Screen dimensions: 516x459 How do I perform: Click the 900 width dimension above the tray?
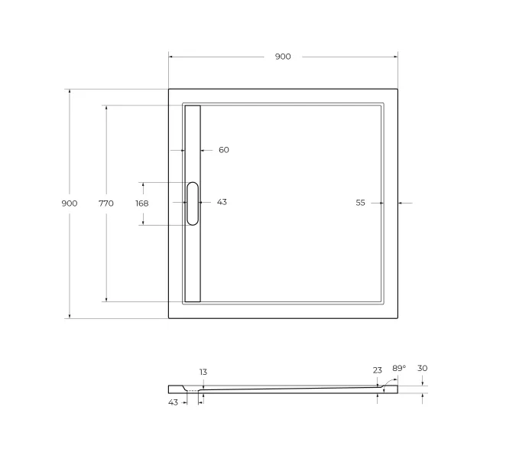[x=283, y=57]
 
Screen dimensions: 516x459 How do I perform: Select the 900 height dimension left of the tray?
[x=70, y=203]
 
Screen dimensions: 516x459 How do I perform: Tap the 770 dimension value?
[x=106, y=203]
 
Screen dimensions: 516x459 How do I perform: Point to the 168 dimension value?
[x=142, y=203]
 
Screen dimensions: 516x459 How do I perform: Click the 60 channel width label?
[x=224, y=150]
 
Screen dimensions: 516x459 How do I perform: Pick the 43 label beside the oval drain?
[x=222, y=202]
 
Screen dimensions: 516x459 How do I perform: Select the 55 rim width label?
[x=360, y=203]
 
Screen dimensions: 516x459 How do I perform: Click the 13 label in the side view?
[x=203, y=372]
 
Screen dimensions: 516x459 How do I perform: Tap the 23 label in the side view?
[x=378, y=370]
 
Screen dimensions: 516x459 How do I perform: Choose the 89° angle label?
[x=399, y=368]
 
